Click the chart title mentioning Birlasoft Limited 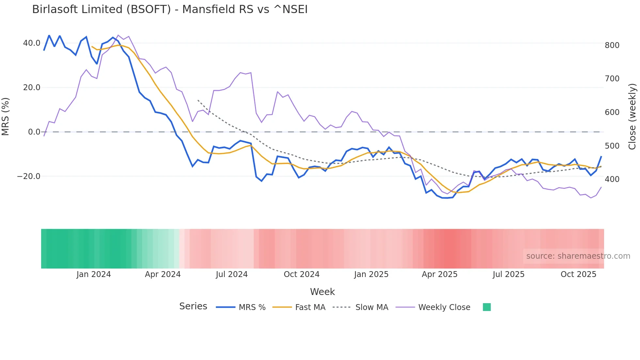pyautogui.click(x=170, y=9)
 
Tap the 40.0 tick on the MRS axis pyautogui.click(x=32, y=43)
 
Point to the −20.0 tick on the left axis pyautogui.click(x=29, y=176)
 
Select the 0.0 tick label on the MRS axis pyautogui.click(x=34, y=132)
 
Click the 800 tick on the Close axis pyautogui.click(x=612, y=45)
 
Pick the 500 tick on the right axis pyautogui.click(x=612, y=146)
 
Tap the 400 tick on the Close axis pyautogui.click(x=612, y=179)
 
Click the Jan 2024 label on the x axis pyautogui.click(x=94, y=274)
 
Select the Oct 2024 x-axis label pyautogui.click(x=301, y=274)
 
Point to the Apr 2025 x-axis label pyautogui.click(x=440, y=274)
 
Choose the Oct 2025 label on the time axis pyautogui.click(x=578, y=274)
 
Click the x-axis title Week pyautogui.click(x=322, y=292)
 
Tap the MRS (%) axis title pyautogui.click(x=6, y=116)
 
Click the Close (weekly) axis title pyautogui.click(x=632, y=116)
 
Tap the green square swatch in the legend pyautogui.click(x=487, y=307)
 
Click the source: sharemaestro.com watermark pyautogui.click(x=578, y=256)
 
